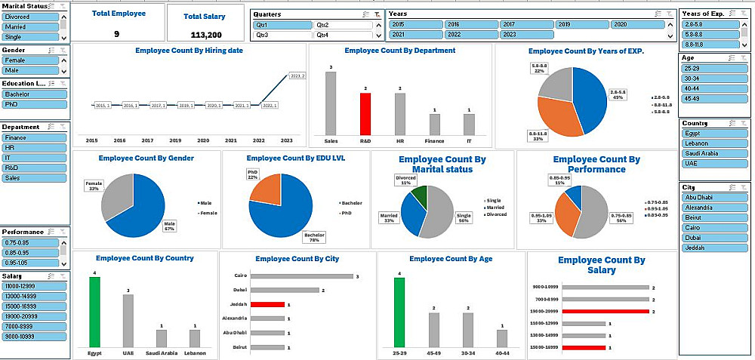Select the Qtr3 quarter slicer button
click(282, 35)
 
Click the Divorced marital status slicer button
click(30, 16)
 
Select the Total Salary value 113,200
click(206, 35)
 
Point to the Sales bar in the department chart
click(331, 103)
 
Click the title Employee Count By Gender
click(146, 158)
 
